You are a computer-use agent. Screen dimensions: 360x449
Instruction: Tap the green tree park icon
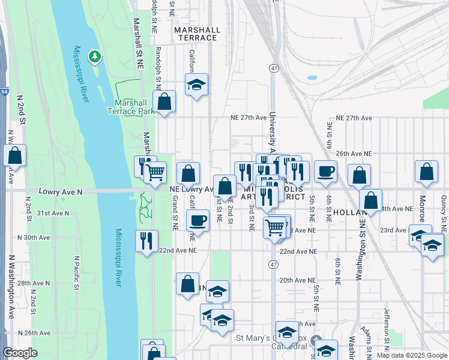[x=94, y=57]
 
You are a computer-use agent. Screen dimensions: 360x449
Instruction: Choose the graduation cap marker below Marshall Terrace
[x=196, y=85]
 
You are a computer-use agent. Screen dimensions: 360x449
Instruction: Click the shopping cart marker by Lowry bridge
[x=156, y=173]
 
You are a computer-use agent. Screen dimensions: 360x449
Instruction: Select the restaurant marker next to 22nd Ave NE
[x=146, y=241]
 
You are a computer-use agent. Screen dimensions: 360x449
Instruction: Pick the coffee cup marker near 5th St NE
[x=325, y=172]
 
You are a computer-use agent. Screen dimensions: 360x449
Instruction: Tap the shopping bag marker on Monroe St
[x=426, y=172]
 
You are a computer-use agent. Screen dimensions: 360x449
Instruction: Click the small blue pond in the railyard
[x=312, y=77]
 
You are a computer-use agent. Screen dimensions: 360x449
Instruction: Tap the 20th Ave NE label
[x=297, y=280]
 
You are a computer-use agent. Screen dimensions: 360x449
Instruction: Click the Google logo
[x=20, y=353]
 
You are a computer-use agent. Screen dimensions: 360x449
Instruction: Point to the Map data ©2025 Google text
[x=411, y=355]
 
